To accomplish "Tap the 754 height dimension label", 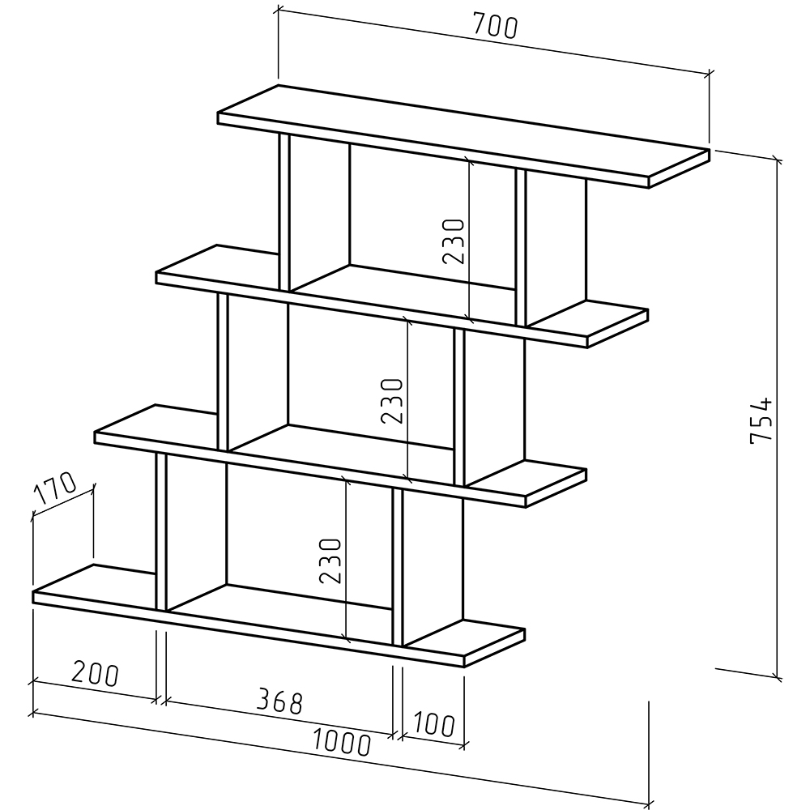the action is click(x=761, y=420).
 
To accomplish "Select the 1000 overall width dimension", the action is click(x=342, y=742).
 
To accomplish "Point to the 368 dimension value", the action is click(x=279, y=701).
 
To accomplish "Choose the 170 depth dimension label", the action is click(x=55, y=487).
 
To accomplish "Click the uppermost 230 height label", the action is click(x=454, y=241).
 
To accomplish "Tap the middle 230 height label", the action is click(x=391, y=401).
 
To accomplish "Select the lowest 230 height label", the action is click(x=330, y=561).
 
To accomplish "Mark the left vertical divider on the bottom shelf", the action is click(x=161, y=532).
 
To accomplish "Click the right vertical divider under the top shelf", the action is click(x=521, y=247).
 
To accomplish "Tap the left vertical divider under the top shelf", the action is click(x=284, y=211).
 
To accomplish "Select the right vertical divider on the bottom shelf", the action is click(x=397, y=567).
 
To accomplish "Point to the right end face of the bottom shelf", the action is click(x=494, y=648).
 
